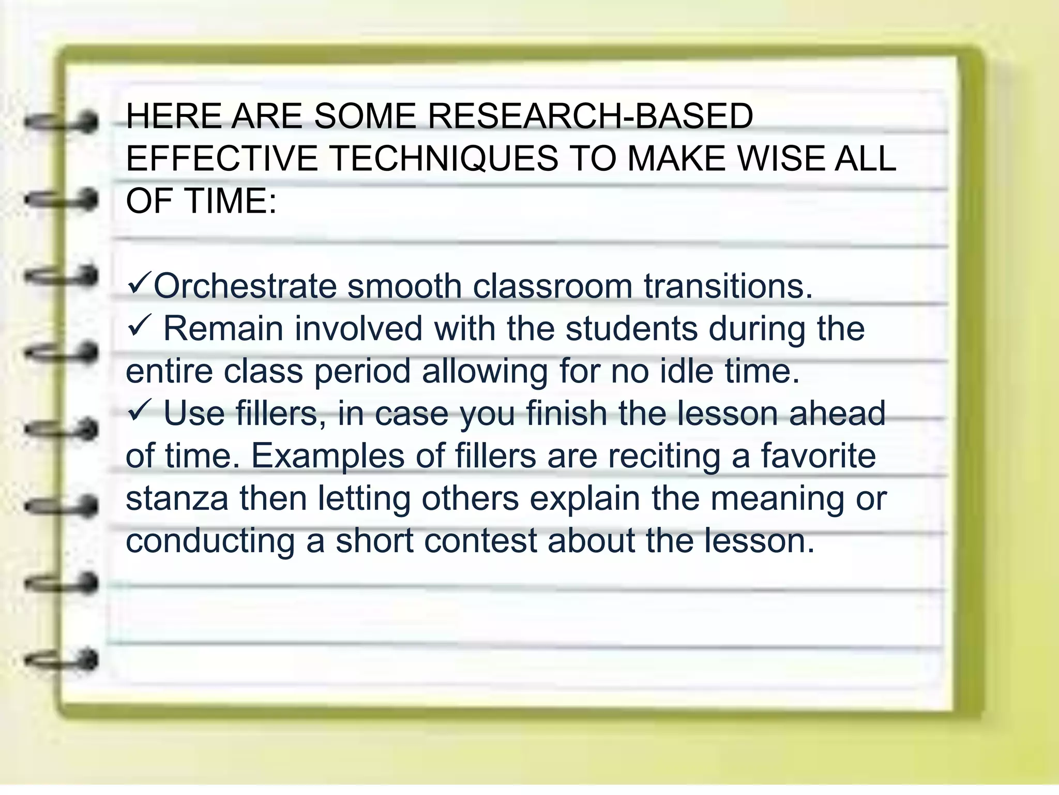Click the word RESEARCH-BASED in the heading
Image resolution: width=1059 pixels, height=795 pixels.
point(590,116)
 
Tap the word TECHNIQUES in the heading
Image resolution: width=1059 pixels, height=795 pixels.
point(444,158)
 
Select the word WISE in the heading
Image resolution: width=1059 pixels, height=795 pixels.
point(780,158)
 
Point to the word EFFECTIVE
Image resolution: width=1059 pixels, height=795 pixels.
point(221,158)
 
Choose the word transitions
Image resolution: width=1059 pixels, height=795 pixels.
point(728,286)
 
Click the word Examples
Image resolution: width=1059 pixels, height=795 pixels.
point(328,457)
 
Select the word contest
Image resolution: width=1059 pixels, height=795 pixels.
point(480,541)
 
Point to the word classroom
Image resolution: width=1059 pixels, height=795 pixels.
point(552,286)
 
